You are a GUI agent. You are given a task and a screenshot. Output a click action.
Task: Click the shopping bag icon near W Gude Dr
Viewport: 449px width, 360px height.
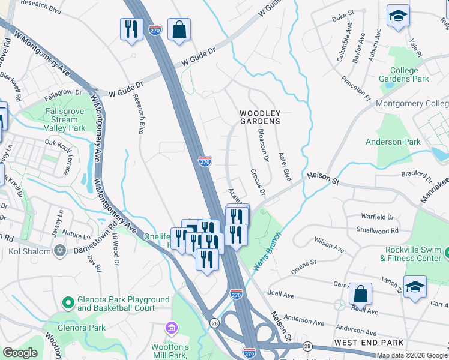point(179,29)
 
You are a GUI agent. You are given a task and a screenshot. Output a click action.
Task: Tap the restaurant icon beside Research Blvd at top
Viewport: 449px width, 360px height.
point(131,29)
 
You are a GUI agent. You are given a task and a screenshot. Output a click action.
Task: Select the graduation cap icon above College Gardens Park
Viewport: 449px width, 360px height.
point(398,16)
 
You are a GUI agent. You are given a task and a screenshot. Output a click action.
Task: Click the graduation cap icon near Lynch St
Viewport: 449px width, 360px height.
point(415,287)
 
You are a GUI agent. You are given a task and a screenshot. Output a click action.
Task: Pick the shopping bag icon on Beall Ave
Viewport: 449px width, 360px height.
point(360,294)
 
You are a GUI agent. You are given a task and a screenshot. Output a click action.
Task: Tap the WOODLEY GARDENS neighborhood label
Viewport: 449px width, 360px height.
point(260,117)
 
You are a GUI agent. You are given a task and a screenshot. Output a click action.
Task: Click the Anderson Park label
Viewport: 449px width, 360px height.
point(393,142)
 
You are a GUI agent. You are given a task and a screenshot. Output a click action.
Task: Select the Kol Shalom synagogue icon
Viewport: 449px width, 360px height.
point(59,251)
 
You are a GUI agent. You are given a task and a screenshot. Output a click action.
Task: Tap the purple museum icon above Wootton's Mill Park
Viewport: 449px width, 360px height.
point(171,329)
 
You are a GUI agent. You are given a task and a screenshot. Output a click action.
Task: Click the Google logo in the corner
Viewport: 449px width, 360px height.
point(20,353)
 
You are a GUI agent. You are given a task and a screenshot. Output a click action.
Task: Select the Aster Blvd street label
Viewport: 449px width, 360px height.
point(285,166)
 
